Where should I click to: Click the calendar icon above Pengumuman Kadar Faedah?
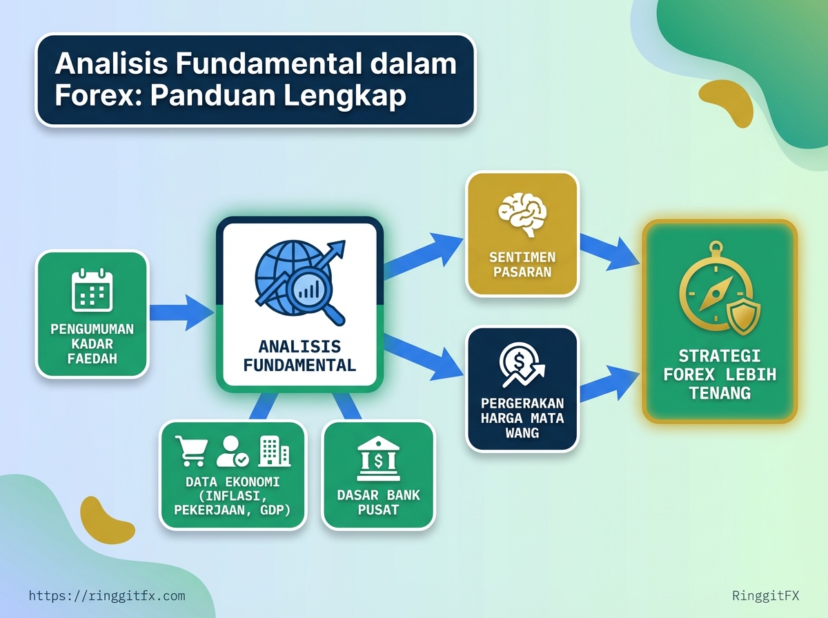[x=92, y=291]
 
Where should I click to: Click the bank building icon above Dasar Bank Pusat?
[x=377, y=457]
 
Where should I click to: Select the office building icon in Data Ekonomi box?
[x=274, y=452]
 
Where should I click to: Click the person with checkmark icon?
[x=232, y=452]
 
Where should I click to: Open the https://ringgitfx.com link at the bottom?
[x=107, y=595]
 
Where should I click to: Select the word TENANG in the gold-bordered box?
[x=720, y=393]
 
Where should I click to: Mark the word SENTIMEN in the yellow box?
[x=522, y=257]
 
